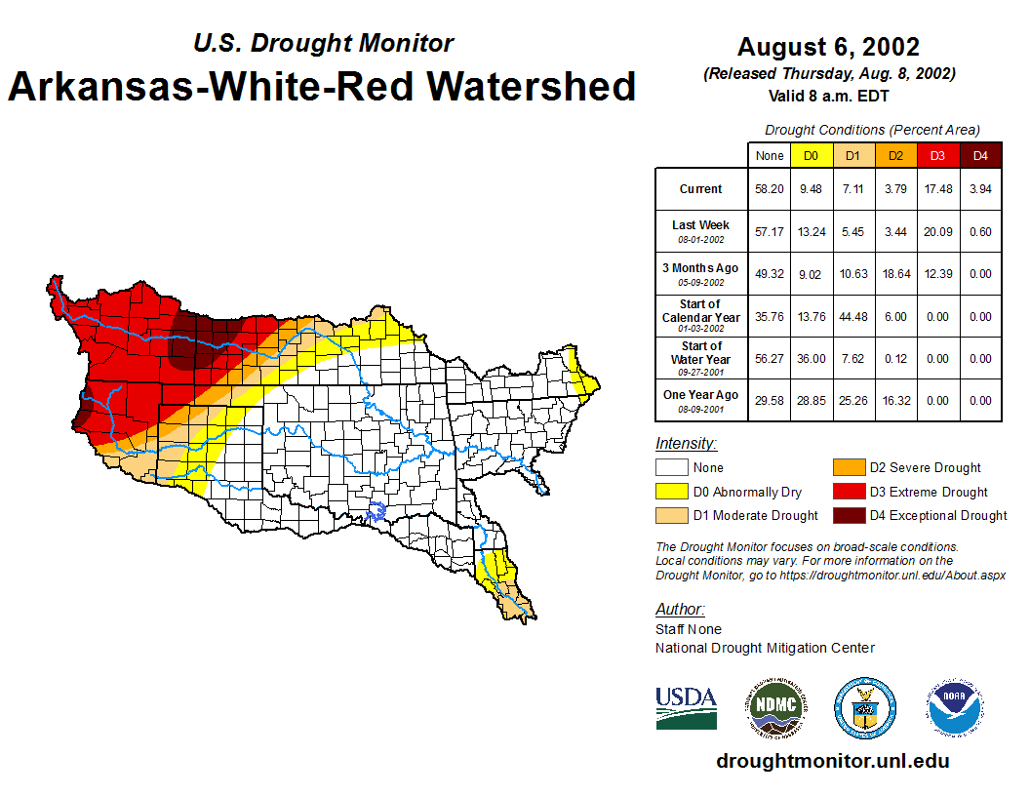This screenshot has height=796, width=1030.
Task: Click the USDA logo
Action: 686,707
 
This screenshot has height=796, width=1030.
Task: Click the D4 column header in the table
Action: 980,155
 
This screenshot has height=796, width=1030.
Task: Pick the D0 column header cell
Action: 811,155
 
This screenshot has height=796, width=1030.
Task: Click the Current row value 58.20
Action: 770,189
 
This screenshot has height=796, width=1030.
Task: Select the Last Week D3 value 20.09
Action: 937,232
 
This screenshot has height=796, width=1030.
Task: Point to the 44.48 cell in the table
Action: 852,317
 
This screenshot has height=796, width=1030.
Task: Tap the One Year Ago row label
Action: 701,395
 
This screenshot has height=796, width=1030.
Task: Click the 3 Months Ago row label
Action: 701,268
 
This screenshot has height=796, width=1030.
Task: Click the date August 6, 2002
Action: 828,47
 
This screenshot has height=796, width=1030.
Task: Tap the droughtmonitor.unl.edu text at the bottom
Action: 832,761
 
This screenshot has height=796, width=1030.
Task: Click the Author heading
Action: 680,609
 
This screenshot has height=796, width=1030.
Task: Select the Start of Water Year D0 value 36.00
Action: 811,359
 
